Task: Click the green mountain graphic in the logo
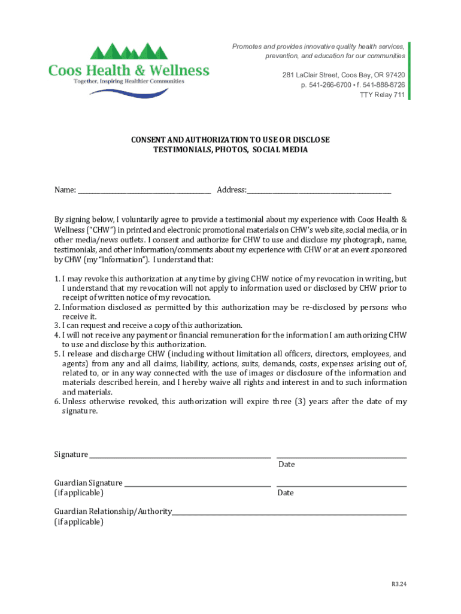(129, 52)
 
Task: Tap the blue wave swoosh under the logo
(129, 92)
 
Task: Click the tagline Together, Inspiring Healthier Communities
(129, 82)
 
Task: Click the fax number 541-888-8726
(384, 85)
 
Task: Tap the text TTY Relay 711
(381, 95)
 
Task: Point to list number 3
(57, 326)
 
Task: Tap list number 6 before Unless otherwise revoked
(57, 402)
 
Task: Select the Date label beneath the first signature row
(286, 465)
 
